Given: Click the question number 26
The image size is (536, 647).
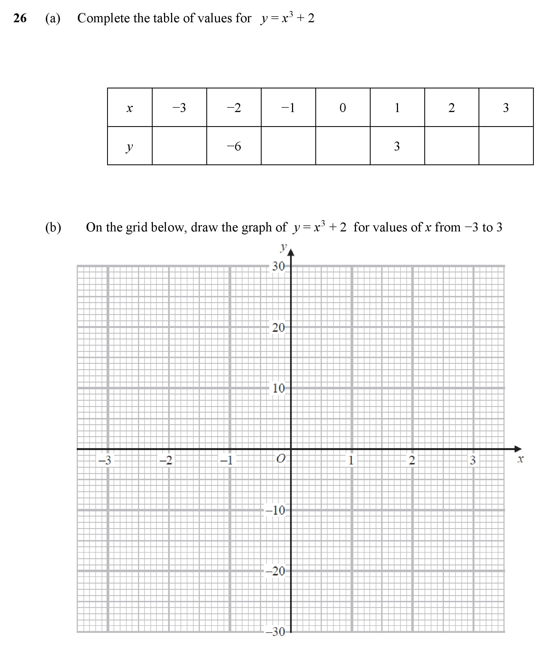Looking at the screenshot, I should click(x=20, y=18).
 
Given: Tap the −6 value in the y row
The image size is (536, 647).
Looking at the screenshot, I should click(x=234, y=146).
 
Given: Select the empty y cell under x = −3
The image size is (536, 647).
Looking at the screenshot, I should click(x=179, y=146).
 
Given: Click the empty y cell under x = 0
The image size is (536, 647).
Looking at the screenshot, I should click(x=343, y=146).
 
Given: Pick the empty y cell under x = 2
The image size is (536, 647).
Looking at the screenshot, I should click(x=452, y=146).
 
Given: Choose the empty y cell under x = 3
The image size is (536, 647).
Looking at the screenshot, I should click(x=506, y=146).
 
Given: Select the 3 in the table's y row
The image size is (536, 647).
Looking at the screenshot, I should click(x=397, y=146).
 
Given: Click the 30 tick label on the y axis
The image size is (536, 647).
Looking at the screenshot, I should click(x=278, y=266).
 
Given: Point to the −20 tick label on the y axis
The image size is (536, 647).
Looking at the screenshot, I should click(x=275, y=571).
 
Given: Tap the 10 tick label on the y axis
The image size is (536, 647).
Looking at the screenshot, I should click(x=278, y=388).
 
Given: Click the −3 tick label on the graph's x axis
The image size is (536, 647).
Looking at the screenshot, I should click(x=104, y=460).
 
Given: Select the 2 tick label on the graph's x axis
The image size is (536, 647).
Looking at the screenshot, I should click(x=412, y=460).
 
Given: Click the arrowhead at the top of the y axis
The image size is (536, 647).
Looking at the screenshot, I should click(x=291, y=253).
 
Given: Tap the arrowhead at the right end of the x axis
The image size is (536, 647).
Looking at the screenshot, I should click(x=518, y=449).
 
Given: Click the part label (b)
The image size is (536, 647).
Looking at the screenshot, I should click(x=53, y=227).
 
